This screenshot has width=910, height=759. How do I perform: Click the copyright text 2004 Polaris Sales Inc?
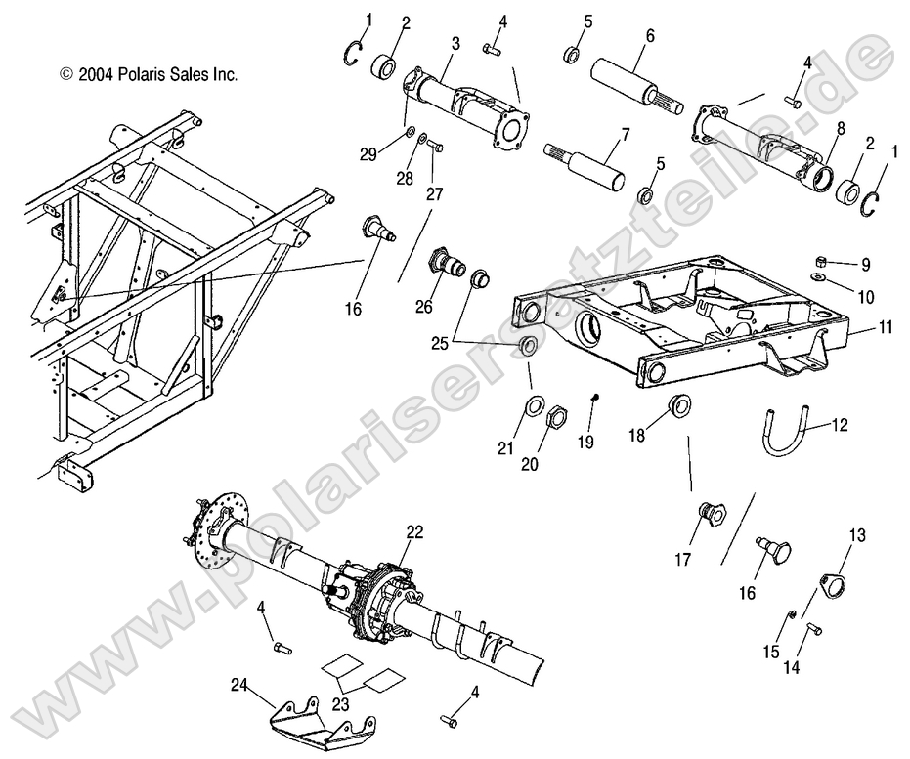149,73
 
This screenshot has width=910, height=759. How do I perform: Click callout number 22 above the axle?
415,531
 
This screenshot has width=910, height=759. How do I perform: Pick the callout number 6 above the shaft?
649,35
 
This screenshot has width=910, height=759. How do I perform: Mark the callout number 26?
423,306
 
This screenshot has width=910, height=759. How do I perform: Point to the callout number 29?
368,152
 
